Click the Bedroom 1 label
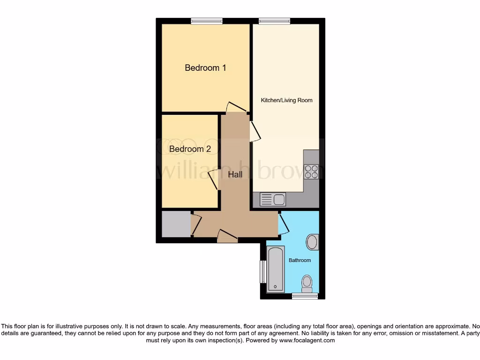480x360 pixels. click(x=205, y=68)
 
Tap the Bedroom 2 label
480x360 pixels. click(x=190, y=149)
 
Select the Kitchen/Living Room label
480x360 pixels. click(x=286, y=100)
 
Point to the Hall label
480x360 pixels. click(x=235, y=174)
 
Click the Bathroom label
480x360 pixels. click(x=300, y=260)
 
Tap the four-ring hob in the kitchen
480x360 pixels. click(x=311, y=172)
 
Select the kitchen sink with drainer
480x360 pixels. click(x=272, y=200)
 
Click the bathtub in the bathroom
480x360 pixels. click(x=276, y=269)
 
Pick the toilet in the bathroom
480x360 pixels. click(x=307, y=283)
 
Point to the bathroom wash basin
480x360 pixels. click(x=312, y=242)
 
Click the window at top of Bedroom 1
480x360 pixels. click(x=207, y=21)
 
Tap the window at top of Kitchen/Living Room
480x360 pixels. click(x=275, y=21)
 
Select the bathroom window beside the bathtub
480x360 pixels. click(x=263, y=271)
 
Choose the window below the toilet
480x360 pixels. click(x=305, y=296)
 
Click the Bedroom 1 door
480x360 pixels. click(x=235, y=107)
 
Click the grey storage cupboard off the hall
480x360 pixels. click(x=176, y=224)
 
